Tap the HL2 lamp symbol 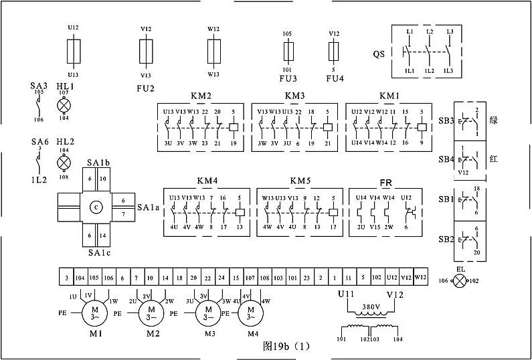click(64, 163)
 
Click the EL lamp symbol click(460, 282)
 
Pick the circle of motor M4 click(251, 312)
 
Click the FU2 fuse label click(145, 88)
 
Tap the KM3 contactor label click(294, 96)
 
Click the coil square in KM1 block click(422, 126)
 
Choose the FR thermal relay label click(385, 182)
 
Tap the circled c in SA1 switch click(96, 207)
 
